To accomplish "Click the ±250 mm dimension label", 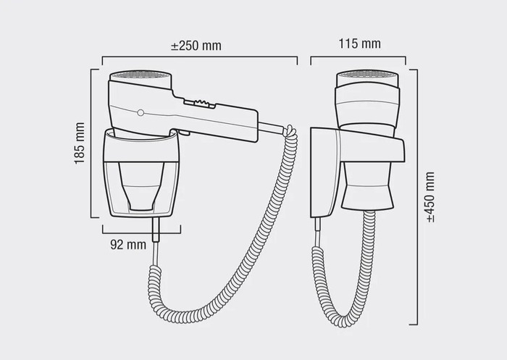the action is [x=196, y=46].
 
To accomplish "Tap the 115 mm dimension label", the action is [x=359, y=43].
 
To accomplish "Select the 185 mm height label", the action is [x=80, y=143].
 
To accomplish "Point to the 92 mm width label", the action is [x=128, y=244].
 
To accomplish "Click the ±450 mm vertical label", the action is [x=430, y=197].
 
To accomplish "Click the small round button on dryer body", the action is [x=141, y=112].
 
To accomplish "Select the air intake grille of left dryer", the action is [x=141, y=75].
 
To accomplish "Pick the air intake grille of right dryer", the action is [x=368, y=75].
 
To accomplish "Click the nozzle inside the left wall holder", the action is [x=141, y=186].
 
